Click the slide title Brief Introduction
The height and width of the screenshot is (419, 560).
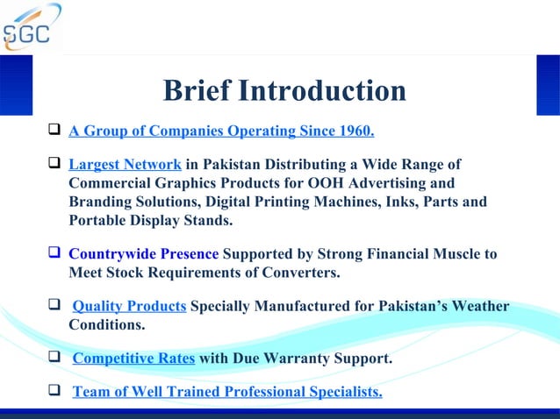[x=284, y=91]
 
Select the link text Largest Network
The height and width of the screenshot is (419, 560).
[x=125, y=165]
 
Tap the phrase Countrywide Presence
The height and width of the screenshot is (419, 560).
[x=143, y=255]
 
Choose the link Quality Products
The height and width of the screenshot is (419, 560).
[x=129, y=308]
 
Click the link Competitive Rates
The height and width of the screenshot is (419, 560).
[x=133, y=359]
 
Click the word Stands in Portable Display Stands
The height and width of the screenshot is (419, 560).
[x=210, y=221]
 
